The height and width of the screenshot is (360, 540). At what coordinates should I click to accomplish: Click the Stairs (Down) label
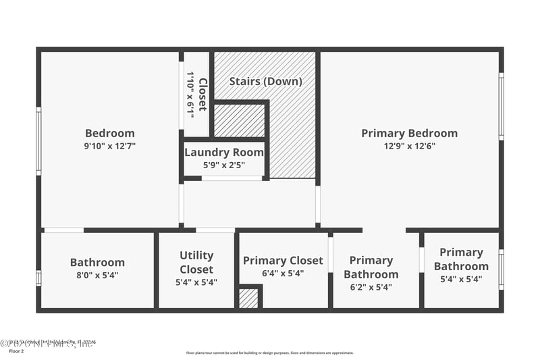(265, 81)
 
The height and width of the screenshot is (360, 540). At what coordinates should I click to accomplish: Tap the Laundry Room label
(224, 152)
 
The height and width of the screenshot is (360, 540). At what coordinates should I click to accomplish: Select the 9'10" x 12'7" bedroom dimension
(109, 146)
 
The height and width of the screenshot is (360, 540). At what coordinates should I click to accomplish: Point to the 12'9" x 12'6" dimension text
(409, 146)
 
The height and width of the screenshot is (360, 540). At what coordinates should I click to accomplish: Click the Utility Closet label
(196, 262)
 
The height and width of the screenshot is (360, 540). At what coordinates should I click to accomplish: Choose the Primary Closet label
(283, 260)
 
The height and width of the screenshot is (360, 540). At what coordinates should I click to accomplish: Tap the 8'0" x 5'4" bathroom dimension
(97, 275)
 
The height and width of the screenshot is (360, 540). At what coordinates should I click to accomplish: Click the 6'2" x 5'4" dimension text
(371, 286)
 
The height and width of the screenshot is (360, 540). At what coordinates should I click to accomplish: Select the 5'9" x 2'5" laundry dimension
(224, 164)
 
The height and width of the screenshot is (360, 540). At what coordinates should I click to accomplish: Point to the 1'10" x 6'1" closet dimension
(190, 94)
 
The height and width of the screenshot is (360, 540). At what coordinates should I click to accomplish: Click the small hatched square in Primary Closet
(248, 298)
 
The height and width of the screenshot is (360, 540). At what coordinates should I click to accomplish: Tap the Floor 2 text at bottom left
(15, 351)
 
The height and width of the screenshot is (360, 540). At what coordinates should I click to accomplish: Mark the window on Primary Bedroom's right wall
(501, 106)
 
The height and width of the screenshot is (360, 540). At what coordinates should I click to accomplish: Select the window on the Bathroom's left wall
(38, 278)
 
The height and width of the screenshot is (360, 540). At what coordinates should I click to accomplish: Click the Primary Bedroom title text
(409, 133)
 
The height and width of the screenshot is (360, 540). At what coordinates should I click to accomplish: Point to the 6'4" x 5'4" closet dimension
(283, 274)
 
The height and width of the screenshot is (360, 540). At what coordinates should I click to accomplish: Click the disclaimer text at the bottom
(269, 353)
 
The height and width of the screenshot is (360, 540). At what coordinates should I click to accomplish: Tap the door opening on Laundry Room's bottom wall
(232, 178)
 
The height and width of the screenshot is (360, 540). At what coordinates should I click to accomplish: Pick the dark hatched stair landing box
(239, 120)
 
